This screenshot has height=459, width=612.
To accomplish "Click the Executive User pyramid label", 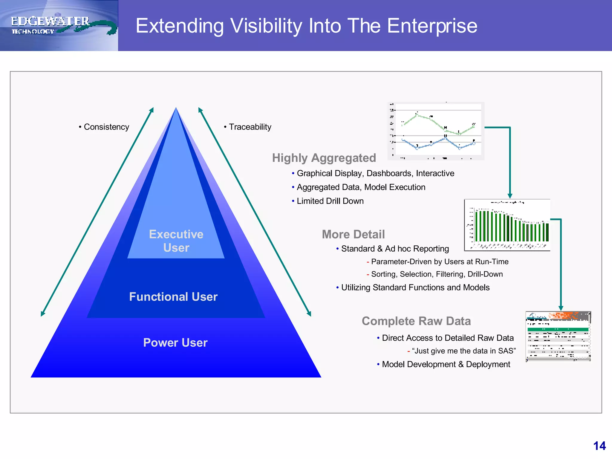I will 176,241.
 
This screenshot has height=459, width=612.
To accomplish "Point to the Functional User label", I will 173,297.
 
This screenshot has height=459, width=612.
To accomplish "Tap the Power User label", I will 175,342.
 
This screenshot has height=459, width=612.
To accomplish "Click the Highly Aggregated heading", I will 324,158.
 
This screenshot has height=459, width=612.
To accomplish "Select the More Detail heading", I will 353,234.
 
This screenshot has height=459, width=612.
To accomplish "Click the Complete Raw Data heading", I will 416,321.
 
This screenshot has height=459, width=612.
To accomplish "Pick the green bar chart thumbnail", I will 507,225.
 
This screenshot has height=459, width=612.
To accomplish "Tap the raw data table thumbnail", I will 558,336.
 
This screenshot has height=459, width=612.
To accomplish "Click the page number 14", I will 599,446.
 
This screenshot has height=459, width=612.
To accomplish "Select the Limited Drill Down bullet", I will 330,201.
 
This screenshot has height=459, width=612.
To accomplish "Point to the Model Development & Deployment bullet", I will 446,364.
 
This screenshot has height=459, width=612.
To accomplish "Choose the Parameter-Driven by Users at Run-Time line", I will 440,262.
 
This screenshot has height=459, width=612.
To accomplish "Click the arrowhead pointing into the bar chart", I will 510,196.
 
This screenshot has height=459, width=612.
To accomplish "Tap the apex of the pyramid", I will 176,108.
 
